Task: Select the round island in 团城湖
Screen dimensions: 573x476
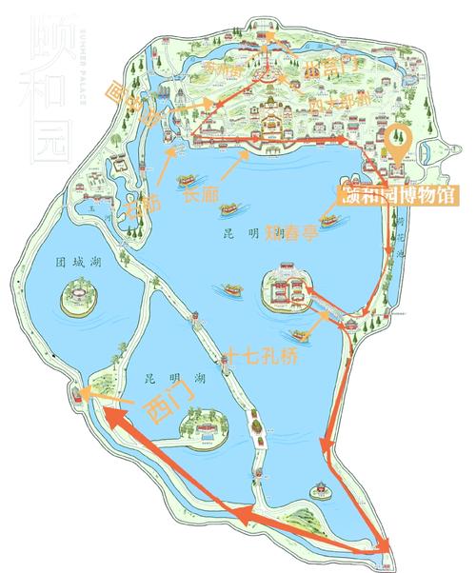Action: [77, 297]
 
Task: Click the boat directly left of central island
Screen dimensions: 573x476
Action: [232, 286]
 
